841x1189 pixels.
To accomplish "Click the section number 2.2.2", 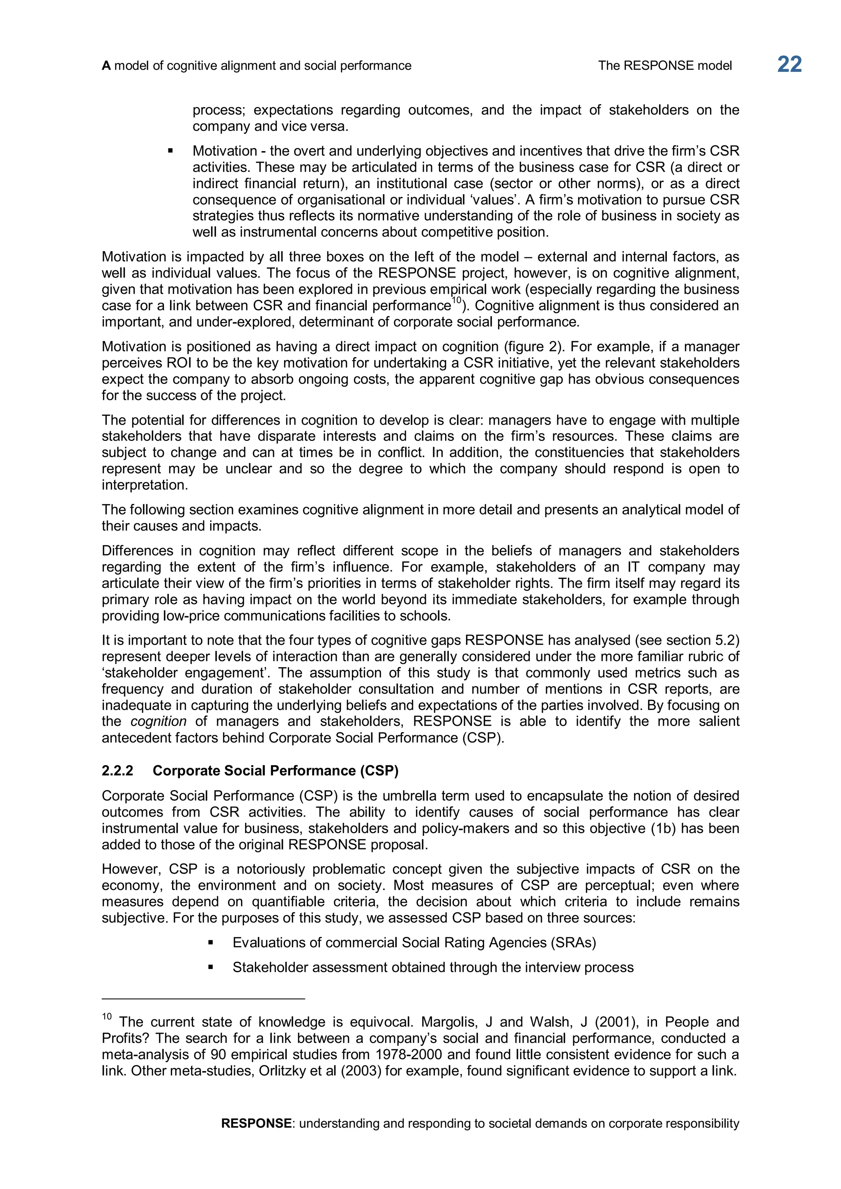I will click(x=117, y=771).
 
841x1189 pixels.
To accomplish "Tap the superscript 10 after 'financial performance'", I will click(x=456, y=301).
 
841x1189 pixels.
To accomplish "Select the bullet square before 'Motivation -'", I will click(x=170, y=151).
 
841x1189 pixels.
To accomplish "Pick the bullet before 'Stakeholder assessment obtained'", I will click(x=210, y=967).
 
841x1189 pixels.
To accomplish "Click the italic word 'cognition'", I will click(x=159, y=721).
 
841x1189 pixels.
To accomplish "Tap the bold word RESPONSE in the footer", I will click(x=256, y=1123).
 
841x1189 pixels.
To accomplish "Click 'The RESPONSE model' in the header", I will click(x=665, y=65).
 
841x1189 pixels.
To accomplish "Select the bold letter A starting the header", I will click(x=106, y=66).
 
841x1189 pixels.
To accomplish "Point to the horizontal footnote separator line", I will click(x=204, y=998).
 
